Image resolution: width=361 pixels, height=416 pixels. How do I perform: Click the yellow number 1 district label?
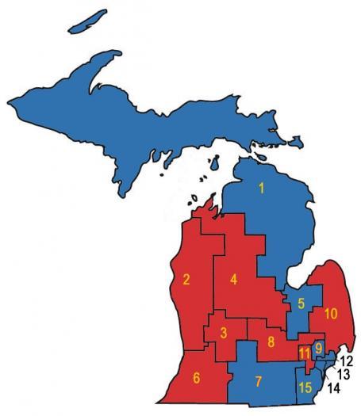point(261,189)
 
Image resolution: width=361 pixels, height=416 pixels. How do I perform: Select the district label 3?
point(224,332)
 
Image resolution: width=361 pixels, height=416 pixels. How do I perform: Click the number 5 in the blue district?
point(301,303)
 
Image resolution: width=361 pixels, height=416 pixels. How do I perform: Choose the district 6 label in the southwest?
point(197,378)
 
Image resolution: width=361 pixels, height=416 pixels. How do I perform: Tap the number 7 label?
point(258,382)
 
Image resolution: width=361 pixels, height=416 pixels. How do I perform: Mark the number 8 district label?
point(271,342)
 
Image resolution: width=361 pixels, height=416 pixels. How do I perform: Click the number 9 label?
point(318,348)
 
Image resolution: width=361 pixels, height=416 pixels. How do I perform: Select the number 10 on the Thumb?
point(331,314)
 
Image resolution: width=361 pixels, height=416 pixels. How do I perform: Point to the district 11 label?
point(305,353)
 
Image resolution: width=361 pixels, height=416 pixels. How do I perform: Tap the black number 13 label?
point(343,374)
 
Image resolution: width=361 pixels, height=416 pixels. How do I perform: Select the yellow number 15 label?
point(305,387)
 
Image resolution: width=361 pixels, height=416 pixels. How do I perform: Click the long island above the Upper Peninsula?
point(88,23)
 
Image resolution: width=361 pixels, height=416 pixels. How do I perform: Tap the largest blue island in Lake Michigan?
point(213,165)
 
